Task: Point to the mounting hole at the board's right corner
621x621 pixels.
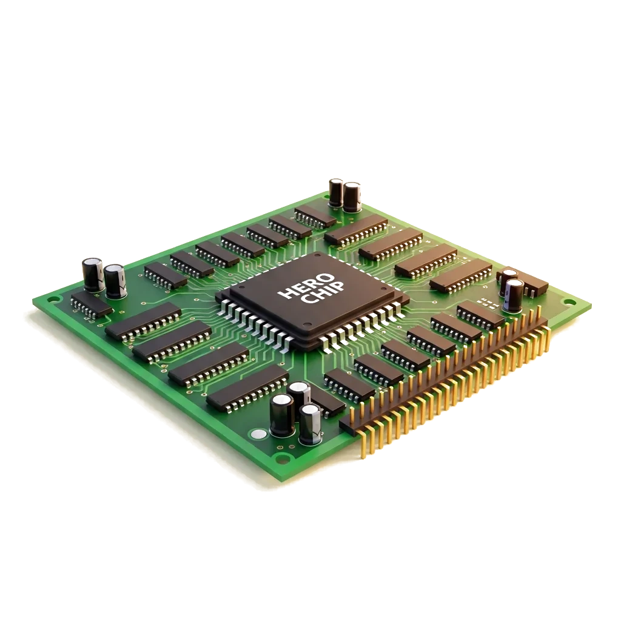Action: [569, 303]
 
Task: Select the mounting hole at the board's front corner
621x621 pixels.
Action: [281, 460]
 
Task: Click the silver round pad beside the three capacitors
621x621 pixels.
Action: [258, 434]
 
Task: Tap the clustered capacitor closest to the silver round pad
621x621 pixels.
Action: [282, 415]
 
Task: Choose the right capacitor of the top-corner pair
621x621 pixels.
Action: [352, 196]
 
